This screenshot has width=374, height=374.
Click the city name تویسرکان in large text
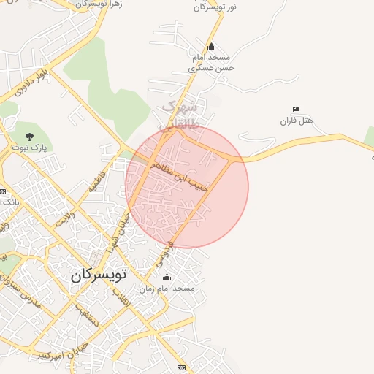coord(99,275)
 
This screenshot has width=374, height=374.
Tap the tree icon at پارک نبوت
coord(29,136)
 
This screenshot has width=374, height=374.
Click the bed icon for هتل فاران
coord(296,109)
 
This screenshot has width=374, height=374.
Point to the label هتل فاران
coord(297,120)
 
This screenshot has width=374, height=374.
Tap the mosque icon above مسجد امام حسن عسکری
coord(212,47)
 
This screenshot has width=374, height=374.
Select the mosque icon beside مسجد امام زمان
coord(167,278)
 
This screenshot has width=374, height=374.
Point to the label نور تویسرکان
coord(214,7)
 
